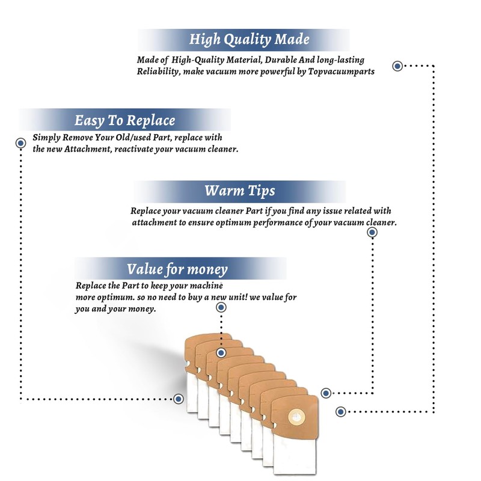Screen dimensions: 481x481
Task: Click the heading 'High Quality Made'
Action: pyautogui.click(x=249, y=40)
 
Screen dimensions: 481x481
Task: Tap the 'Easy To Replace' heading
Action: pyautogui.click(x=124, y=120)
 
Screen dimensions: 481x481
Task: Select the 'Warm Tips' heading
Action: pyautogui.click(x=239, y=191)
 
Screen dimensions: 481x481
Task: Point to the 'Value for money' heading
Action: pyautogui.click(x=177, y=269)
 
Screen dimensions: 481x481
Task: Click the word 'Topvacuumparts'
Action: pyautogui.click(x=341, y=72)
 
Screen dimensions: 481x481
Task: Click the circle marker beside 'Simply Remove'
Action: pyautogui.click(x=20, y=143)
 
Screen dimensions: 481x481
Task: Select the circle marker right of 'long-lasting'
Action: pyautogui.click(x=397, y=66)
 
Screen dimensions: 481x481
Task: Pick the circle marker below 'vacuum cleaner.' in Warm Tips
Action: pyautogui.click(x=372, y=233)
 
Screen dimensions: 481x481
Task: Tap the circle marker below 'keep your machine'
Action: pyautogui.click(x=221, y=307)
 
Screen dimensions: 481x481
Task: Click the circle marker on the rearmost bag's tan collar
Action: pyautogui.click(x=221, y=353)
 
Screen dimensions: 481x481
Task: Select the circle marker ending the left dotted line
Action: pyautogui.click(x=179, y=399)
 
